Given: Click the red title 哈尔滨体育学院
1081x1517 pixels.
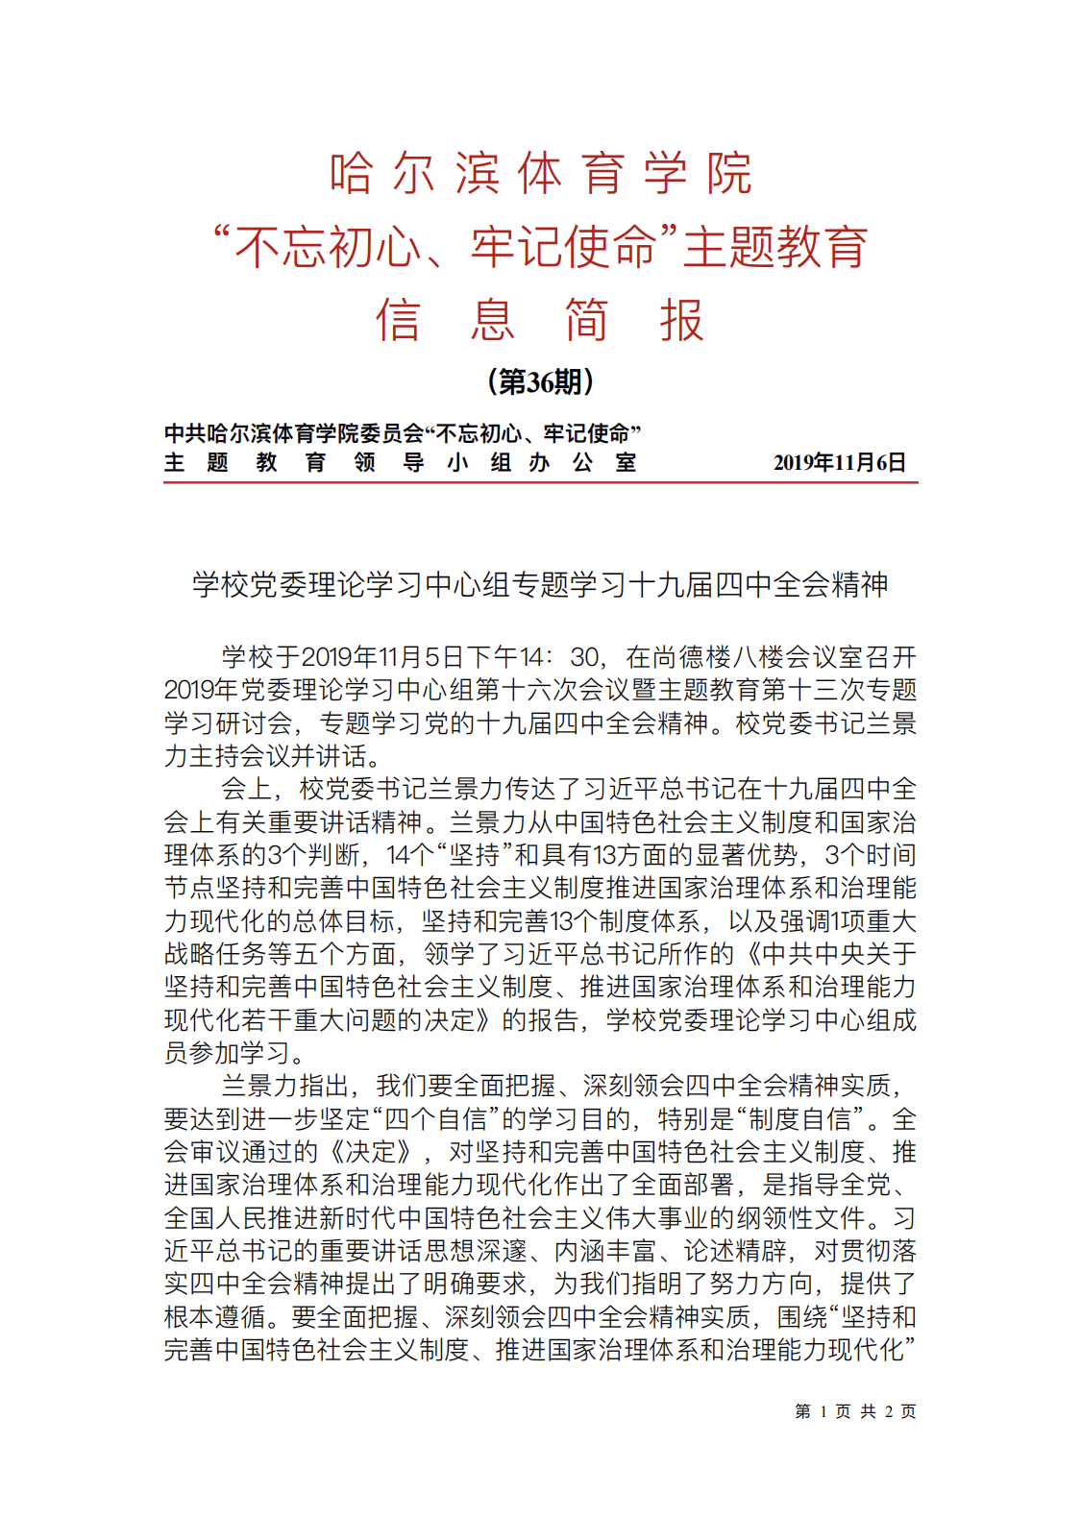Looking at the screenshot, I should pos(541,174).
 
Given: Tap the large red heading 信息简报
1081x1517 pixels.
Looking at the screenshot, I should pos(541,321).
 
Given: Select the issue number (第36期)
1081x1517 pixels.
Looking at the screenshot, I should pos(541,382).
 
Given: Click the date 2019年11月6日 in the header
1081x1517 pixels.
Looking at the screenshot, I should pos(840,463).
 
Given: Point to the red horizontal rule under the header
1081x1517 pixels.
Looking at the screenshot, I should pos(541,481).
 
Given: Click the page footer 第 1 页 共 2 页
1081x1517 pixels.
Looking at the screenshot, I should pos(855,1411).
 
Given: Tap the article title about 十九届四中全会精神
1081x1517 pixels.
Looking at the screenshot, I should pos(541,584).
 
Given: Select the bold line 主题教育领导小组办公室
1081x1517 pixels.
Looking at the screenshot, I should pos(400,463).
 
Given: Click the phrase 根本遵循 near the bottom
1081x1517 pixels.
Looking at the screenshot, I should pos(215,1317).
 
